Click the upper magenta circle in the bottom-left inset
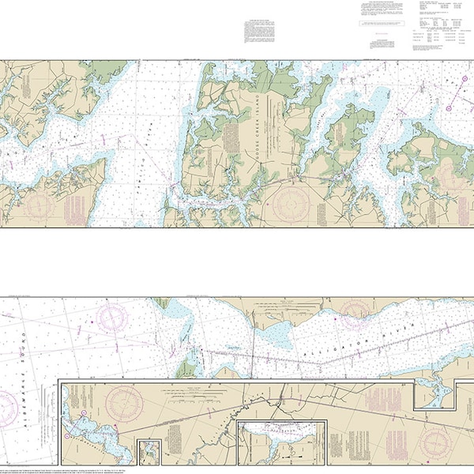(114, 427)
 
